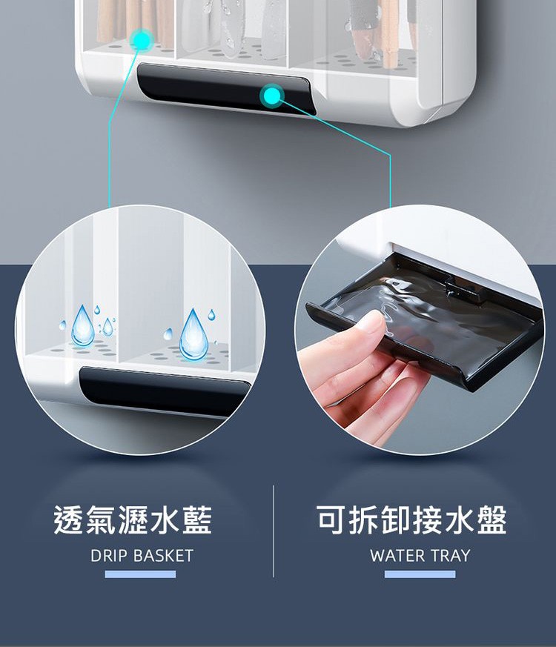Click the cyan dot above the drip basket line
point(142,39)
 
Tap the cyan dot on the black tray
point(271,96)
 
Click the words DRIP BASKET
point(142,555)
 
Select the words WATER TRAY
point(420,555)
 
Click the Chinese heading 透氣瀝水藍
point(133,520)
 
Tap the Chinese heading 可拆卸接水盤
point(411,520)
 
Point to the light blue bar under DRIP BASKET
point(140,574)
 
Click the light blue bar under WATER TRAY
point(420,574)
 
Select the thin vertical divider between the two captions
point(274,531)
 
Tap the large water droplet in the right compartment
point(193,336)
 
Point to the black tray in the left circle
point(163,390)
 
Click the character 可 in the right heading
point(332,520)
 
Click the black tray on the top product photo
point(226,88)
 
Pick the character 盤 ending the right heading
point(492,520)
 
